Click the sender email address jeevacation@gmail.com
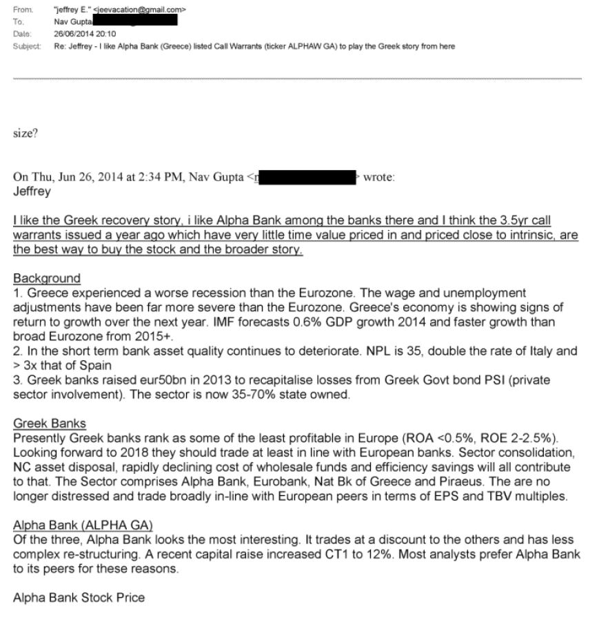(x=142, y=10)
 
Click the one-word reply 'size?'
(x=25, y=134)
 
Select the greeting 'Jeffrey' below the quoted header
(x=32, y=191)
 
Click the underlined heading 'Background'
(x=47, y=278)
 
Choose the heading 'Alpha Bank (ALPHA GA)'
(x=83, y=526)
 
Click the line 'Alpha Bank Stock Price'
(x=79, y=597)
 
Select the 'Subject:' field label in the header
(x=27, y=46)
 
